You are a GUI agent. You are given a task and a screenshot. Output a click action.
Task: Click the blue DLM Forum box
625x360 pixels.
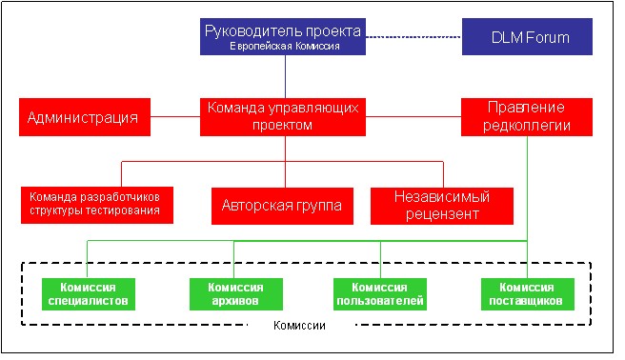tap(527, 36)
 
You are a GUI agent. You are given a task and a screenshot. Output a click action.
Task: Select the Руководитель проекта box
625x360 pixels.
tap(283, 36)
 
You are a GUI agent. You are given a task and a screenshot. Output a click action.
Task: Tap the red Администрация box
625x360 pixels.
tap(85, 117)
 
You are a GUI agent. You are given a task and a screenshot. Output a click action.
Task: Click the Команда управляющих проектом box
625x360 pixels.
tap(283, 117)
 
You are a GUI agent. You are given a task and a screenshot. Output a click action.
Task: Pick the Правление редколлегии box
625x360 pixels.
tap(527, 117)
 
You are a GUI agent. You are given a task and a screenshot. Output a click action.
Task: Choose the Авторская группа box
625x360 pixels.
tap(282, 206)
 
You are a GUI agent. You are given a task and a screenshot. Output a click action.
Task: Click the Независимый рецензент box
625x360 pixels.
tap(442, 206)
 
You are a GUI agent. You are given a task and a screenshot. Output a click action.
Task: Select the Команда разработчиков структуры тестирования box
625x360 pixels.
tap(97, 205)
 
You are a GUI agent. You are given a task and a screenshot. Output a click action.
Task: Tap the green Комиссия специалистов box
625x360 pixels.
tap(89, 294)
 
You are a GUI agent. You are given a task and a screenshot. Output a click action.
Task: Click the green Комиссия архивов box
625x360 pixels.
tap(236, 294)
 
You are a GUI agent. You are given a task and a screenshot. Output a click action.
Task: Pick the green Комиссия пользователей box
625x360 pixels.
tap(380, 294)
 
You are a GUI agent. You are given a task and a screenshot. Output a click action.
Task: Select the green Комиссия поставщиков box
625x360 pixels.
tap(528, 294)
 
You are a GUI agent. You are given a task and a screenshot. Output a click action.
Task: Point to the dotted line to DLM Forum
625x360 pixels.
tap(413, 37)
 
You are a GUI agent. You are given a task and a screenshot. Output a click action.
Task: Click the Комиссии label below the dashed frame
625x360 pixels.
tap(299, 326)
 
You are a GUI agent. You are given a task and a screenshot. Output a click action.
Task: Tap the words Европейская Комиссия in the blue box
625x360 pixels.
tap(285, 47)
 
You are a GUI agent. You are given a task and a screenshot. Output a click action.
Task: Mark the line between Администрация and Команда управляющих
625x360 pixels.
tap(175, 117)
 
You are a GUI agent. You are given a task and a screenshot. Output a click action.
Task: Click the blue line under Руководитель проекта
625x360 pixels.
tap(285, 76)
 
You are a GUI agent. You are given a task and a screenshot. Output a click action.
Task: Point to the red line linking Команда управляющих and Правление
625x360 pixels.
tap(413, 117)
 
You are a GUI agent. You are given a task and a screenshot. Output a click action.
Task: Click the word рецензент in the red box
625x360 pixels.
tap(442, 214)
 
